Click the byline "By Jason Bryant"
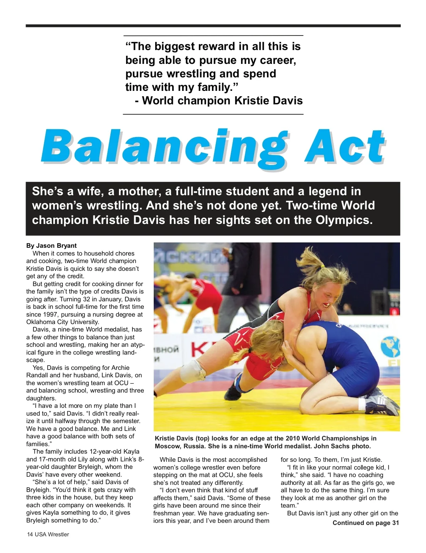(51, 246)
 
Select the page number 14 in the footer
(30, 535)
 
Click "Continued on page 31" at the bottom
(366, 523)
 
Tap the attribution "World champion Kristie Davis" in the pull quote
(222, 101)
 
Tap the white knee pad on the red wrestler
(192, 371)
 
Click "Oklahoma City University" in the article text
(62, 322)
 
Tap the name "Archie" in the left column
(120, 368)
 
